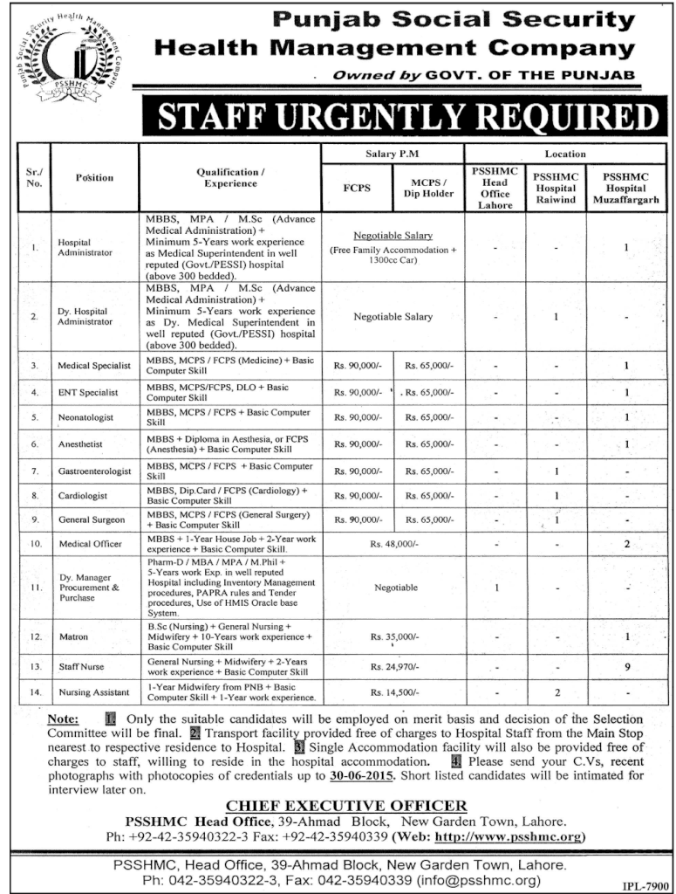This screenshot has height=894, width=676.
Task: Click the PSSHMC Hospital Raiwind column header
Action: pos(556,188)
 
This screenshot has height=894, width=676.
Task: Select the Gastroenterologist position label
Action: pos(94,471)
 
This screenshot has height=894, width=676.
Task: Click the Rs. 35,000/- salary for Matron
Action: pos(395,638)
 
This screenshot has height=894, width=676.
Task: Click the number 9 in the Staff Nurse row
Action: pos(625,667)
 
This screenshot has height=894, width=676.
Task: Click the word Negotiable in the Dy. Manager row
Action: pos(395,588)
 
